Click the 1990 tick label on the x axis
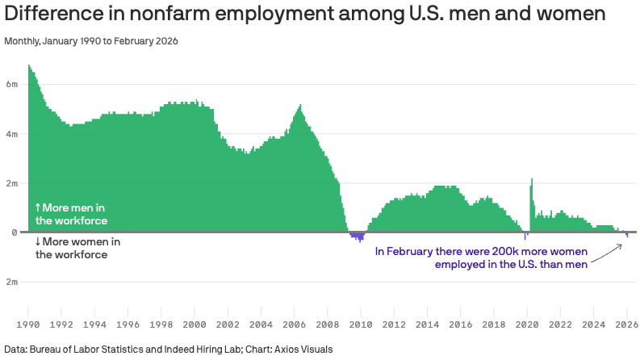(x=28, y=324)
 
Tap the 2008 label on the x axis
(x=327, y=324)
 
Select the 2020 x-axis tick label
(x=526, y=324)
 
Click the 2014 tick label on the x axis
(x=427, y=324)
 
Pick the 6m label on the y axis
(x=11, y=84)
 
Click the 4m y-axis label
(x=11, y=134)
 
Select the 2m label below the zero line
(x=11, y=282)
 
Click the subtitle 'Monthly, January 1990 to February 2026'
(x=91, y=40)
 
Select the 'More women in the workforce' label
(x=77, y=248)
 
